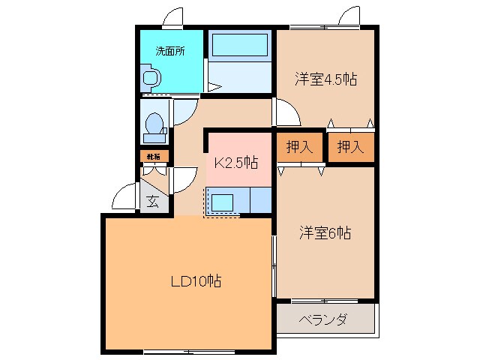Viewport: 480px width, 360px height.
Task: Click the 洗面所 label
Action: (169, 52)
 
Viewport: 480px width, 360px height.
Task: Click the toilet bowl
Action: (155, 124)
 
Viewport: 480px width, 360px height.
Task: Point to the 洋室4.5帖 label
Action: (324, 78)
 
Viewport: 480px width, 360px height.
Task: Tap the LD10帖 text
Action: (195, 282)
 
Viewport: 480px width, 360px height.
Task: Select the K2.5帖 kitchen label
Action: (237, 162)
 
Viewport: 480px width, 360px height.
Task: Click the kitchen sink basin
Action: (223, 201)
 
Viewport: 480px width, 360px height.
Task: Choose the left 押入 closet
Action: (299, 147)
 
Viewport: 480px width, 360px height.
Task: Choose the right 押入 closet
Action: (349, 147)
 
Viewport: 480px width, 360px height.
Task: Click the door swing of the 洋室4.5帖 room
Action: (286, 115)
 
